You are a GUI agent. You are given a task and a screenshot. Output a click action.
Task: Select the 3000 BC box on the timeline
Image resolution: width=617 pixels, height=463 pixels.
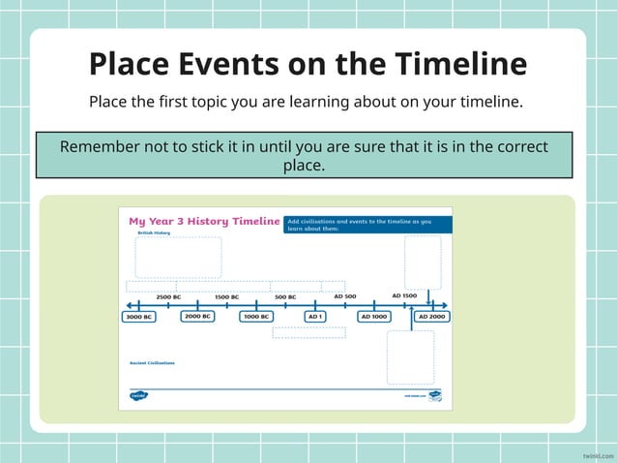pyautogui.click(x=139, y=317)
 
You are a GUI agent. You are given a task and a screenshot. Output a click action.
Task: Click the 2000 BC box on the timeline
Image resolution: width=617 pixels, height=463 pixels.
pyautogui.click(x=197, y=316)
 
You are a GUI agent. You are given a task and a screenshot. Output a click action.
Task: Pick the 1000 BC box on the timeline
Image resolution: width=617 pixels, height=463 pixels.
pyautogui.click(x=256, y=316)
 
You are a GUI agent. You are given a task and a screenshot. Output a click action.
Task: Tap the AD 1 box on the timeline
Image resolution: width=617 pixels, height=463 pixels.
pyautogui.click(x=315, y=316)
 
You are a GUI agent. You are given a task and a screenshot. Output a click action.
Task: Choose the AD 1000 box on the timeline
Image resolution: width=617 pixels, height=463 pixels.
pyautogui.click(x=373, y=316)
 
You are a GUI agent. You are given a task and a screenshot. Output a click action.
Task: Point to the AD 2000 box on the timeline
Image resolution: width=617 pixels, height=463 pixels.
pyautogui.click(x=431, y=316)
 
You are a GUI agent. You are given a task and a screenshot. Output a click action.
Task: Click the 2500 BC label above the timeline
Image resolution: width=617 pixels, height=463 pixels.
pyautogui.click(x=168, y=296)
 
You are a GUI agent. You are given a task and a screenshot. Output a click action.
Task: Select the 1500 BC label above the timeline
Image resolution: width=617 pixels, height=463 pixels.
pyautogui.click(x=226, y=296)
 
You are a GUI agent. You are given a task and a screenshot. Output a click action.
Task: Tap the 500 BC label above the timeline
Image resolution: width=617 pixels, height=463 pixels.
pyautogui.click(x=285, y=296)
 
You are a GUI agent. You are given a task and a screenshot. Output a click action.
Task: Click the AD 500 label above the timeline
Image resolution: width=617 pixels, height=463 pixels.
pyautogui.click(x=344, y=295)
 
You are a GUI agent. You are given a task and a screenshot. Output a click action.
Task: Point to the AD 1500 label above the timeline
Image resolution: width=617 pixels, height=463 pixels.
pyautogui.click(x=404, y=295)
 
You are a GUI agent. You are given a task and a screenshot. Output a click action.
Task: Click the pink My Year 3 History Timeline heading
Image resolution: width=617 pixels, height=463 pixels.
pyautogui.click(x=203, y=221)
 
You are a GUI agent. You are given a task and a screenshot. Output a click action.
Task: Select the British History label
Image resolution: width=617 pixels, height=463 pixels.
pyautogui.click(x=153, y=232)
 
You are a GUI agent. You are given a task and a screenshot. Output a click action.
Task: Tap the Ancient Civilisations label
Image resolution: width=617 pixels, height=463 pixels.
pyautogui.click(x=153, y=363)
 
